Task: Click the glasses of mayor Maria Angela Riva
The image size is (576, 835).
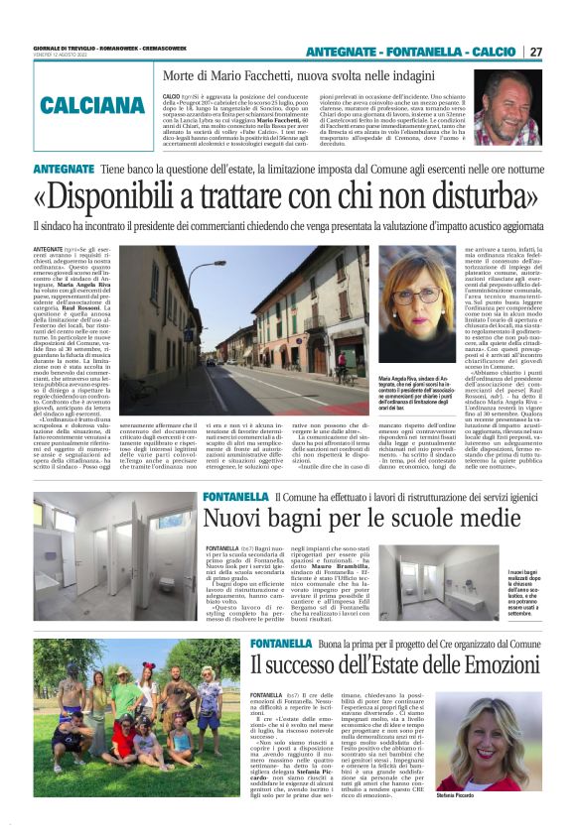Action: click(x=415, y=297)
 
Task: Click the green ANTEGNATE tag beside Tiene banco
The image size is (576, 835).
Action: click(x=63, y=171)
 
